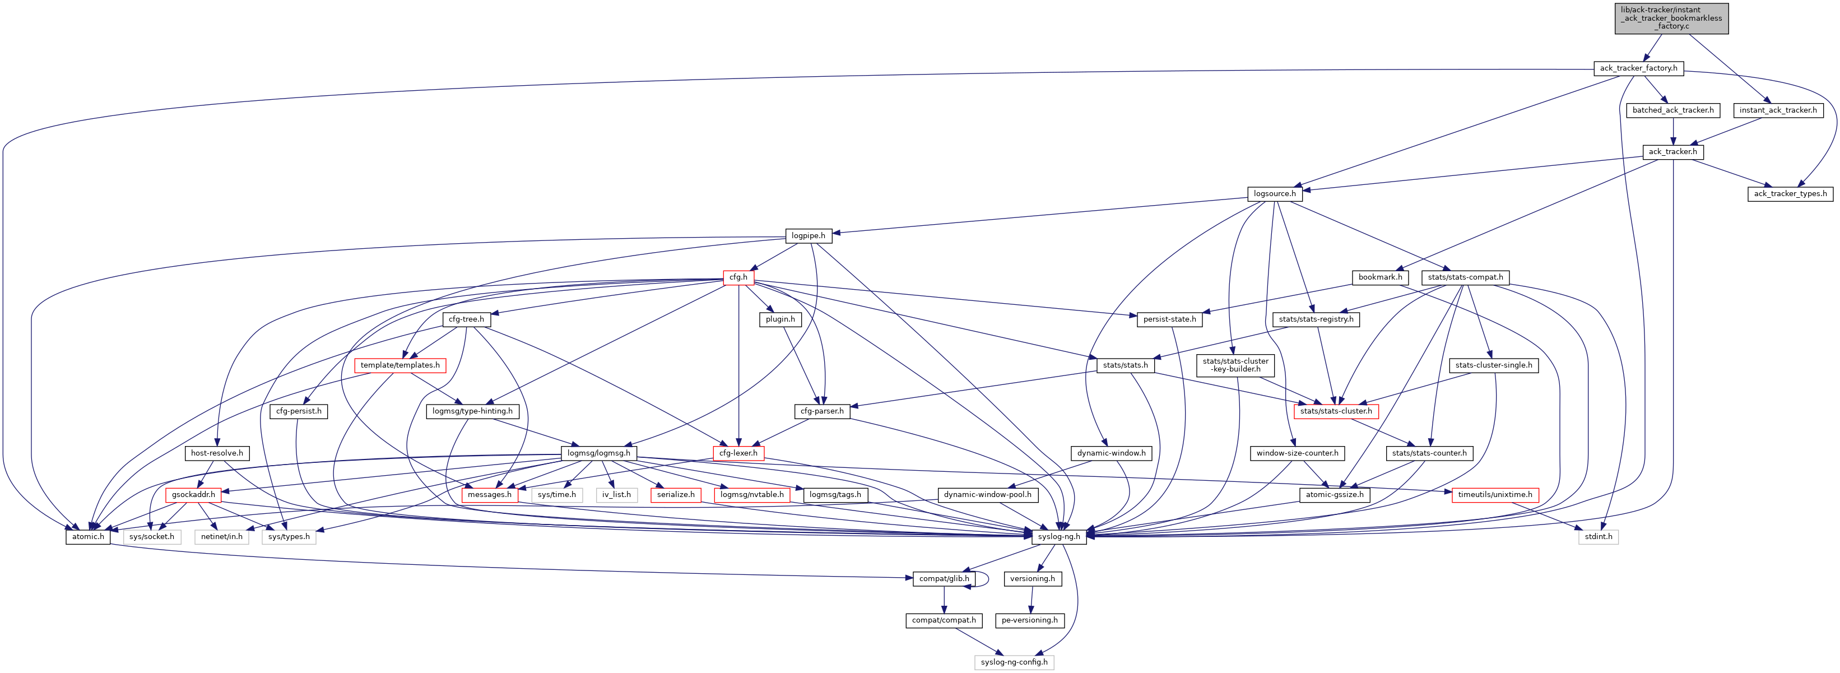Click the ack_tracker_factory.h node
coord(1638,68)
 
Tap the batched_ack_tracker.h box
coord(1673,110)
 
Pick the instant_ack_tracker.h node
coord(1778,110)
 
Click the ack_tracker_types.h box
coord(1790,194)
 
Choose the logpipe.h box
coord(808,236)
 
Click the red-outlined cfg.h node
coord(738,277)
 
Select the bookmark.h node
coord(1380,277)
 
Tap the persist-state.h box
coord(1169,319)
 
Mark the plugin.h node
coord(780,319)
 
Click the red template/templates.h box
coord(400,365)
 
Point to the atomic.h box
coord(88,536)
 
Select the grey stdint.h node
coord(1598,536)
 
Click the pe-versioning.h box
coord(1029,620)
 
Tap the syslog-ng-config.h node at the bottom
coord(1014,662)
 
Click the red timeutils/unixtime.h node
coord(1494,494)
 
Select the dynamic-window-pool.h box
coord(987,494)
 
